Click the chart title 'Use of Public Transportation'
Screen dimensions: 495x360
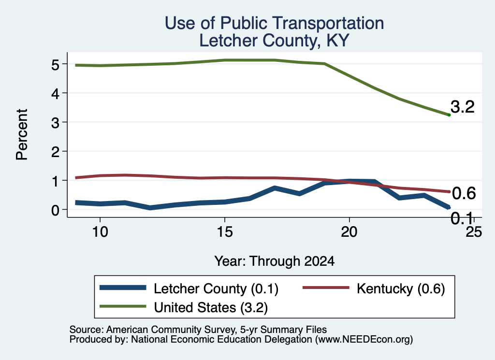click(274, 23)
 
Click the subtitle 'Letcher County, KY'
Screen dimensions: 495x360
click(274, 41)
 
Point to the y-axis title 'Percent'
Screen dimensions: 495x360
click(22, 134)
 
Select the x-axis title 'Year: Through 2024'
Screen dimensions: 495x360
click(275, 261)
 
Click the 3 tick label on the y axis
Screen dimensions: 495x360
click(55, 122)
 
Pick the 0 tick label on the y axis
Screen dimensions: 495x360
click(55, 210)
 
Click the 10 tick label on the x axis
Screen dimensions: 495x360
click(100, 232)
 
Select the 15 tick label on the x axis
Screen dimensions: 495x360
click(225, 232)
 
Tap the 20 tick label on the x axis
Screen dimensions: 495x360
click(349, 232)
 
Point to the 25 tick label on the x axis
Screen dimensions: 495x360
click(474, 232)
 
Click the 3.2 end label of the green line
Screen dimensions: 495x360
click(463, 107)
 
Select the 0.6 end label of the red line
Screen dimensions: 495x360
click(464, 193)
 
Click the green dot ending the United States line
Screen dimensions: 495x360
click(449, 115)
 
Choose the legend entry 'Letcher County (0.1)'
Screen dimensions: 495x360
click(216, 288)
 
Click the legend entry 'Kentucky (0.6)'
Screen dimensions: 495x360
click(401, 288)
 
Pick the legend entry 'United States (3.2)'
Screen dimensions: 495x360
click(211, 307)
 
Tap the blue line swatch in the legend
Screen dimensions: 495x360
click(123, 288)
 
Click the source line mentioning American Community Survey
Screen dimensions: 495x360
click(198, 330)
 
